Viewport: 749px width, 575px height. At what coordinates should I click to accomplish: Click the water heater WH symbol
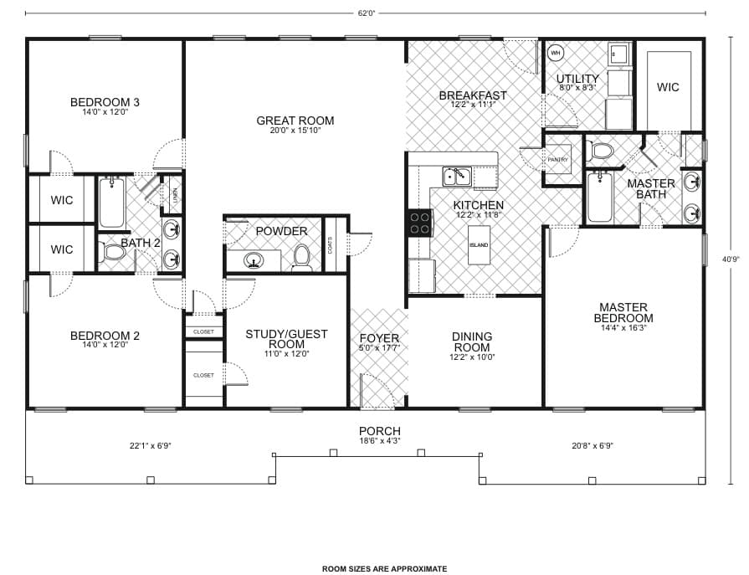[555, 54]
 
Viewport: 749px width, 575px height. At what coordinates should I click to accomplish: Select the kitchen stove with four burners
[420, 222]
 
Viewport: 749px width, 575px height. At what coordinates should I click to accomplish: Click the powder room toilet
[302, 259]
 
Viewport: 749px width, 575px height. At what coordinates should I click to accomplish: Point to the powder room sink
[252, 261]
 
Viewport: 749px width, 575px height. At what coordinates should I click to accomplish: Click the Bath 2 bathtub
[112, 203]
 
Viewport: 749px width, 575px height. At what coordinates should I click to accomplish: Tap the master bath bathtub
[599, 197]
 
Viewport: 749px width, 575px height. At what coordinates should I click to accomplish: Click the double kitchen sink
[457, 176]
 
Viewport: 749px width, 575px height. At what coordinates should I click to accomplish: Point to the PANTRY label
[558, 159]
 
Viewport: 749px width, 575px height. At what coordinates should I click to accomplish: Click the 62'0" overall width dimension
[365, 13]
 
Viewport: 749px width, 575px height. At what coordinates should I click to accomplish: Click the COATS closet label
[331, 244]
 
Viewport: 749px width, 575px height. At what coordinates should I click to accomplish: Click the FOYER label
[378, 338]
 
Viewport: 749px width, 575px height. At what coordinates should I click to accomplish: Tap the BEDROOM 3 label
[105, 103]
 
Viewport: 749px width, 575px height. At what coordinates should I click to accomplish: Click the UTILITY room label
[578, 80]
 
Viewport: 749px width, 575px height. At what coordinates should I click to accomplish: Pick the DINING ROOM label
[472, 341]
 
